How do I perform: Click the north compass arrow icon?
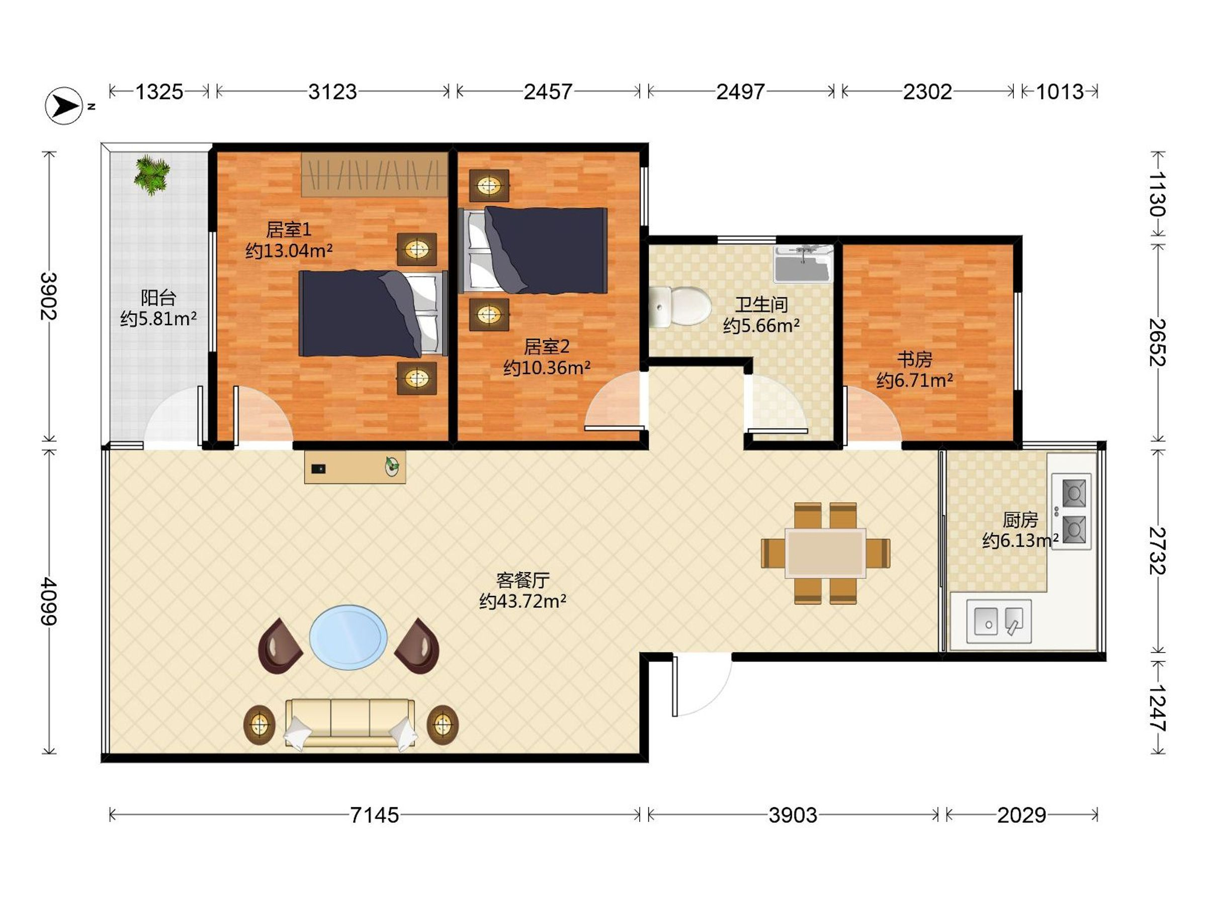pos(64,105)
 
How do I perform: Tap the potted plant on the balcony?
pos(152,174)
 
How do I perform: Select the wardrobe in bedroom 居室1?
pos(374,174)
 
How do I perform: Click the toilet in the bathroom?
pos(680,307)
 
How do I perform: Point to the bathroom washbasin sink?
pos(804,264)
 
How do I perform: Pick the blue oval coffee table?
pos(349,637)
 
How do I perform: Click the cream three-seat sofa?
pos(350,723)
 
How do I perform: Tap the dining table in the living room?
pos(825,553)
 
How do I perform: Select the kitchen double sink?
pos(999,621)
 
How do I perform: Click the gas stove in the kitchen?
pos(1072,512)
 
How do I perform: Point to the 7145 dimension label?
pos(374,815)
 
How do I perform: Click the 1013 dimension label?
pos(1060,92)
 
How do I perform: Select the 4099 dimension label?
pos(49,602)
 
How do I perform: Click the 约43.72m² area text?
pos(522,601)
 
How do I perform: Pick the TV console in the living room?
pos(355,467)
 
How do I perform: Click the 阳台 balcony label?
pos(158,297)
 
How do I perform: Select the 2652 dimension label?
pos(1157,342)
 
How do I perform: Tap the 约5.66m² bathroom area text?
pos(761,326)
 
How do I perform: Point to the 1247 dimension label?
pos(1157,707)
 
